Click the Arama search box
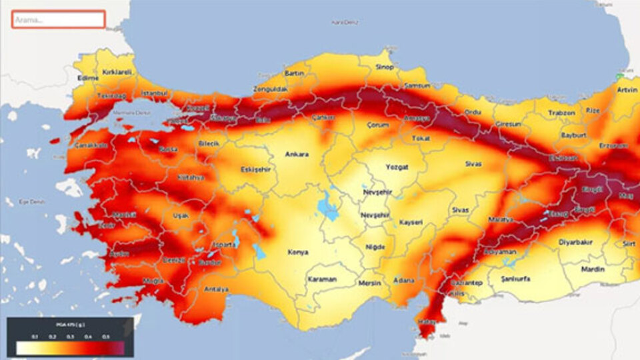[58, 19]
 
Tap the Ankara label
[297, 155]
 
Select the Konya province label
[297, 253]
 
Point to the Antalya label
[217, 289]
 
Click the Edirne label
[88, 78]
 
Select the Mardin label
[592, 269]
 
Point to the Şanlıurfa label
[516, 279]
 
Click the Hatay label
[425, 322]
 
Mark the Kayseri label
[411, 222]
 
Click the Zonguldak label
[271, 89]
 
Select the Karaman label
[322, 279]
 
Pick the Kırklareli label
[117, 71]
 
